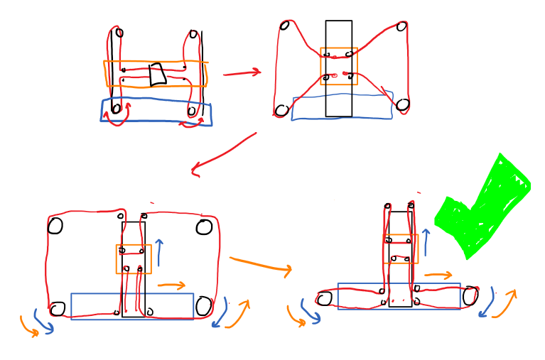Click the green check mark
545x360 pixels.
click(x=483, y=209)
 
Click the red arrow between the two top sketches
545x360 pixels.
click(x=242, y=72)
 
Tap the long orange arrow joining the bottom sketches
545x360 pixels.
click(x=260, y=263)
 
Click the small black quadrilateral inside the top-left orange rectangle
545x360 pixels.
click(x=157, y=74)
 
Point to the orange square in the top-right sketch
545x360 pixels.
click(x=338, y=66)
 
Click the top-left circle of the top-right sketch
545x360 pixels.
click(x=284, y=26)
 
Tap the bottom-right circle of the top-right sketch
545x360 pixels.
click(x=403, y=105)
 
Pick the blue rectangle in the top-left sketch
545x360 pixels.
click(x=156, y=111)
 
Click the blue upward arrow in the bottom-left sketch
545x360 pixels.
click(x=159, y=252)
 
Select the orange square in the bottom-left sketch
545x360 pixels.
click(x=134, y=259)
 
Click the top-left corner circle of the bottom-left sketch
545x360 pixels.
click(x=55, y=226)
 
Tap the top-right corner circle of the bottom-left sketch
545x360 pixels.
click(x=204, y=227)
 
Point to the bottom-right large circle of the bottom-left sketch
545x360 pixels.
click(x=203, y=307)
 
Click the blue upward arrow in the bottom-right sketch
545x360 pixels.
click(x=426, y=241)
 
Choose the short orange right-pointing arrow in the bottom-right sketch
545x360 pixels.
click(x=438, y=275)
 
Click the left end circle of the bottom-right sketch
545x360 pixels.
click(x=325, y=299)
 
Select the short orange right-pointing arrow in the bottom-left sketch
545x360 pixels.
click(x=171, y=286)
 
